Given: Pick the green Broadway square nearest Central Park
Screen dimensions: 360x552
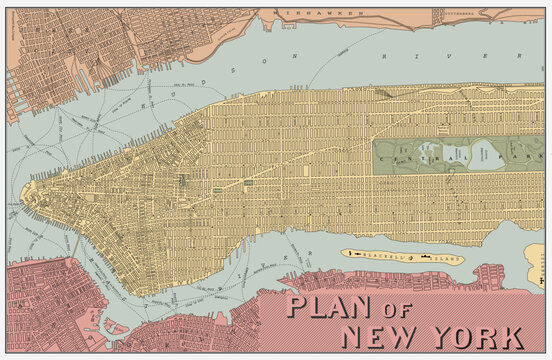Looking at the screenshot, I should pyautogui.click(x=247, y=184).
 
